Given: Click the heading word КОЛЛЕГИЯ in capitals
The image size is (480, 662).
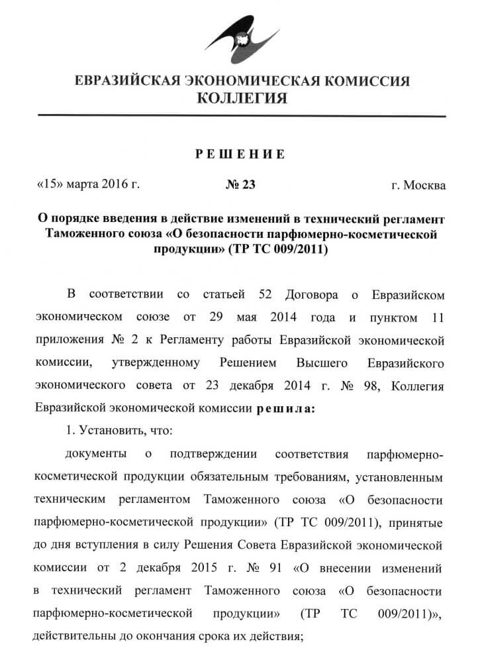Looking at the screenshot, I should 242,99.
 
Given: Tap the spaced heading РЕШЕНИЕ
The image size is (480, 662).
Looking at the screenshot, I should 240,154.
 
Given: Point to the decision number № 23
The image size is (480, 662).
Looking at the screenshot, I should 240,184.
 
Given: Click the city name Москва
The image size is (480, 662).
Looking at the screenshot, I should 429,184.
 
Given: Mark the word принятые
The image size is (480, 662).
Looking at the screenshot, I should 419,522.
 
